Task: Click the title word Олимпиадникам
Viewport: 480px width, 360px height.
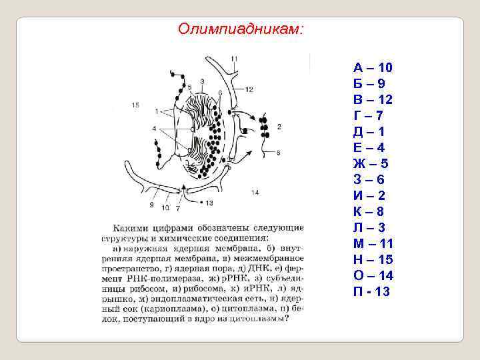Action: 241,29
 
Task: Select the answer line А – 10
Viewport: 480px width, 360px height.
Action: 373,67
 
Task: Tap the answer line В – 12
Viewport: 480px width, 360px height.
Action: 373,99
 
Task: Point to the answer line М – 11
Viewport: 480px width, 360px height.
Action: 373,243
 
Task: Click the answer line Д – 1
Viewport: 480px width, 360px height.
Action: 369,131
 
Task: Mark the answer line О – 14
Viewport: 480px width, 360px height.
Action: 373,275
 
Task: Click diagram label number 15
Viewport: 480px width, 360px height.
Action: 135,105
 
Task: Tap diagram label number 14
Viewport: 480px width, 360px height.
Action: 255,193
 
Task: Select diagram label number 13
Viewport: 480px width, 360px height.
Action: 209,203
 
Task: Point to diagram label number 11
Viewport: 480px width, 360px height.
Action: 234,59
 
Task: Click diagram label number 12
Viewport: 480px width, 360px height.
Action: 249,89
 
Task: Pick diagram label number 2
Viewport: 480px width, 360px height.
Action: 278,126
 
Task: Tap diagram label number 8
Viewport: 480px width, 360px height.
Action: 278,153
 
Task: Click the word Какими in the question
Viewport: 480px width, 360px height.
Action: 132,229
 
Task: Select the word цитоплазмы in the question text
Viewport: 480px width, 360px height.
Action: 259,318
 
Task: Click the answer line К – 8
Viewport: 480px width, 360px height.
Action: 369,211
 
